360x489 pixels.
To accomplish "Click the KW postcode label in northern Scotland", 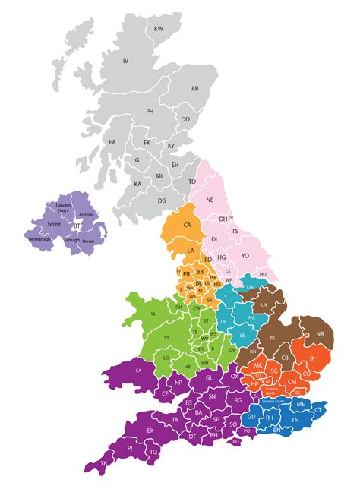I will (x=159, y=29).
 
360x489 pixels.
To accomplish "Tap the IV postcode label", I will (x=125, y=61).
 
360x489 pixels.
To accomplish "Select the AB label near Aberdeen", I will (x=194, y=88).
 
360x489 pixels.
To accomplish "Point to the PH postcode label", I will (x=150, y=112).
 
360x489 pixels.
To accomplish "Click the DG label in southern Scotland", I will (x=162, y=200).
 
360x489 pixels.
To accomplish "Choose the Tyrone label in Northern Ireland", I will (x=55, y=225).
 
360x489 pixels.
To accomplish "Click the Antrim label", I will (x=86, y=216).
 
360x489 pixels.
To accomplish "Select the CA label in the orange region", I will (x=187, y=225).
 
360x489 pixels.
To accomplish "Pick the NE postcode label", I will (x=210, y=200).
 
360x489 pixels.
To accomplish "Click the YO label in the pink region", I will (x=245, y=257).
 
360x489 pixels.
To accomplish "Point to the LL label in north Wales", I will (x=153, y=313).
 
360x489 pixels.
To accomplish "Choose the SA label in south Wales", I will (x=138, y=371).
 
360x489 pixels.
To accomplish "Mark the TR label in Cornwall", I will (x=104, y=462).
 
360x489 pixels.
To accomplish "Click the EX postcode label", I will (x=150, y=431).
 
